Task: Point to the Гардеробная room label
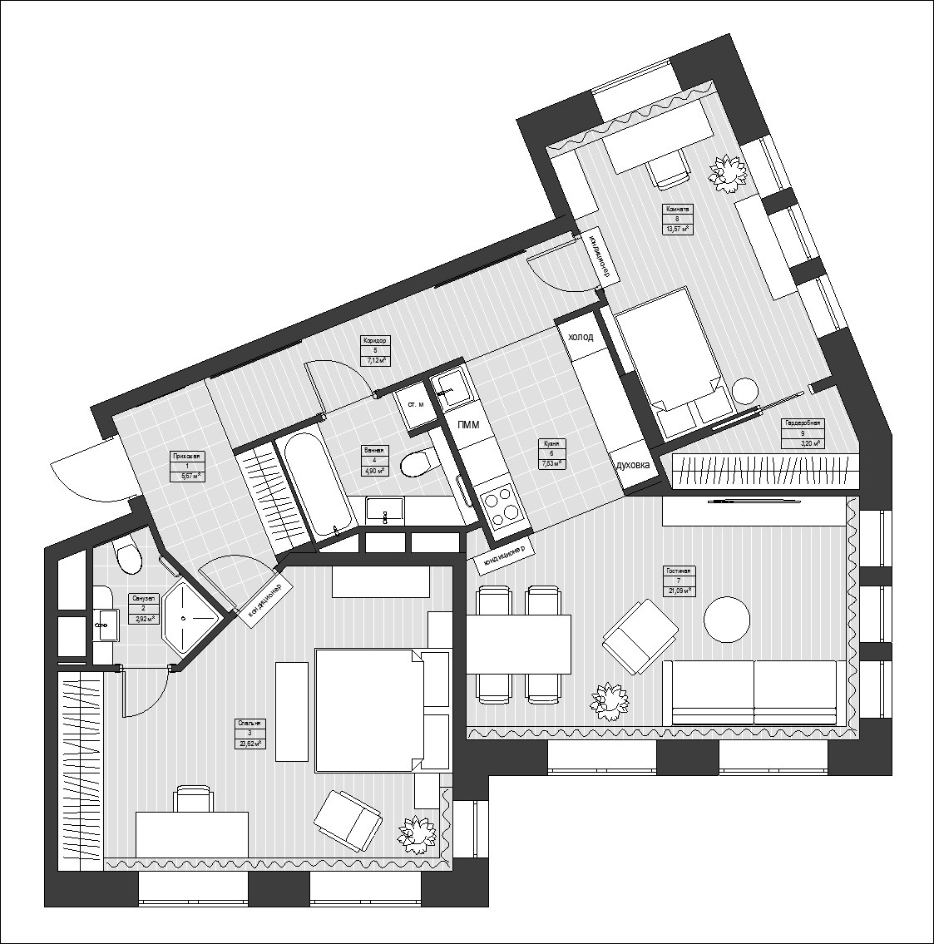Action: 802,433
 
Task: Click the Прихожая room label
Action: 186,467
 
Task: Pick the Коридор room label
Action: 375,350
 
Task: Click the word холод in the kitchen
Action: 580,337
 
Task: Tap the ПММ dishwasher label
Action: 468,425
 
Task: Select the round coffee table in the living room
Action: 726,620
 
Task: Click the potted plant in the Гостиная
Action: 610,700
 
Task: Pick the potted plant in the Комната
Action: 729,171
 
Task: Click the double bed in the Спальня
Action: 366,710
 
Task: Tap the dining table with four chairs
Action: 519,644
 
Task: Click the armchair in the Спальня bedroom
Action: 348,820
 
